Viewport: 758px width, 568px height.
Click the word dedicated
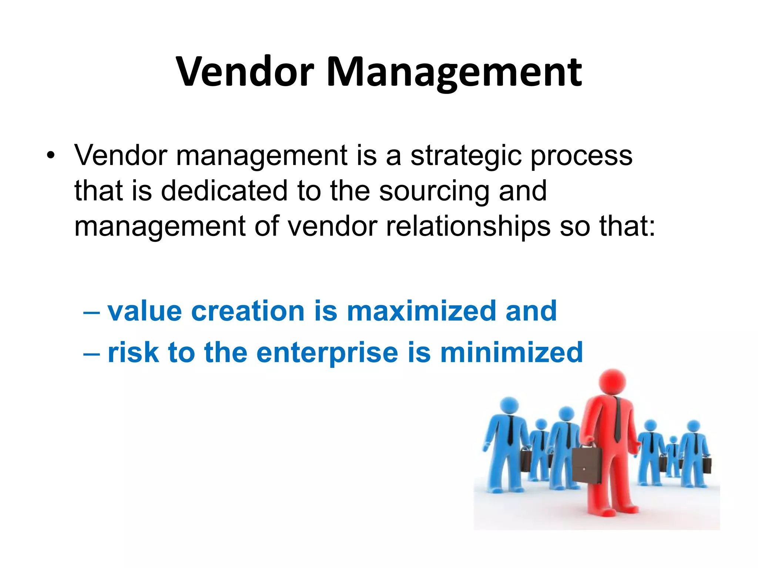pyautogui.click(x=224, y=191)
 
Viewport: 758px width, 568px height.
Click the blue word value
pyautogui.click(x=145, y=311)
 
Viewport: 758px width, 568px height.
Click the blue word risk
pyautogui.click(x=133, y=352)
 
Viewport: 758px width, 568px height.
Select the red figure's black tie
pyautogui.click(x=617, y=420)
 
